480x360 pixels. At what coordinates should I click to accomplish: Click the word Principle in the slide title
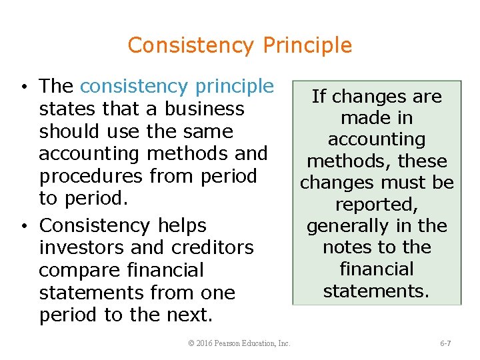tap(307, 45)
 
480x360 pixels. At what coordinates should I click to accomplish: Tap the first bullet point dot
tap(23, 88)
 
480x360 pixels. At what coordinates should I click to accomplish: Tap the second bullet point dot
tap(23, 227)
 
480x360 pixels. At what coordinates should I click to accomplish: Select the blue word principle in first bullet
tap(234, 87)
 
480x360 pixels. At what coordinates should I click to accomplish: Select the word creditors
tap(213, 247)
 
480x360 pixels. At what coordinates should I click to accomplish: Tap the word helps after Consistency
tap(182, 225)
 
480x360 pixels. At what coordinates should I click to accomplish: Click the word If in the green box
tap(319, 97)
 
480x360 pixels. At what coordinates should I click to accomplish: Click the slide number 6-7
tap(445, 343)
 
